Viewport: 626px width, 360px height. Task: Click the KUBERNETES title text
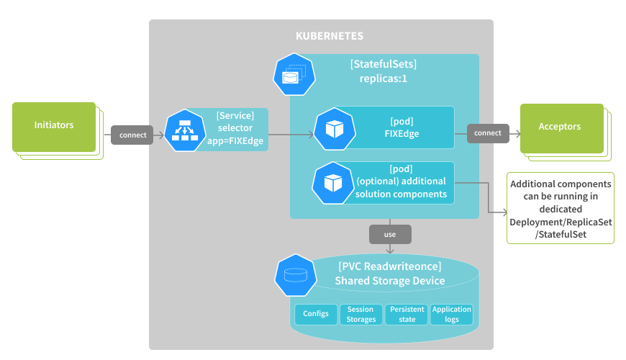point(330,36)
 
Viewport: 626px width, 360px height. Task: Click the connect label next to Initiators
point(132,134)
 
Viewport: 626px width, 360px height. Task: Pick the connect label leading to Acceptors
point(488,133)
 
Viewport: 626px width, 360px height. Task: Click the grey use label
point(390,234)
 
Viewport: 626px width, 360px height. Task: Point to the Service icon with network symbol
point(185,130)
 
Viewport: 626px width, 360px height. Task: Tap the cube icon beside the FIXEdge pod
point(334,129)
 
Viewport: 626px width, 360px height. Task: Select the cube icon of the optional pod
point(332,183)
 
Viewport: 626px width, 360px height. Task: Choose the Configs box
point(316,314)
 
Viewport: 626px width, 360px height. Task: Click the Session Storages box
point(361,314)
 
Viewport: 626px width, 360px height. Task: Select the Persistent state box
point(407,314)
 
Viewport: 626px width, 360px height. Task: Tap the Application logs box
point(451,314)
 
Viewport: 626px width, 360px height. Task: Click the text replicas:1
point(383,78)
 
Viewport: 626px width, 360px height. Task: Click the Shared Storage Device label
point(389,280)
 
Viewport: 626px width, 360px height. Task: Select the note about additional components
point(561,209)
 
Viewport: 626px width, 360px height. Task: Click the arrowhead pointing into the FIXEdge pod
point(311,134)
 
